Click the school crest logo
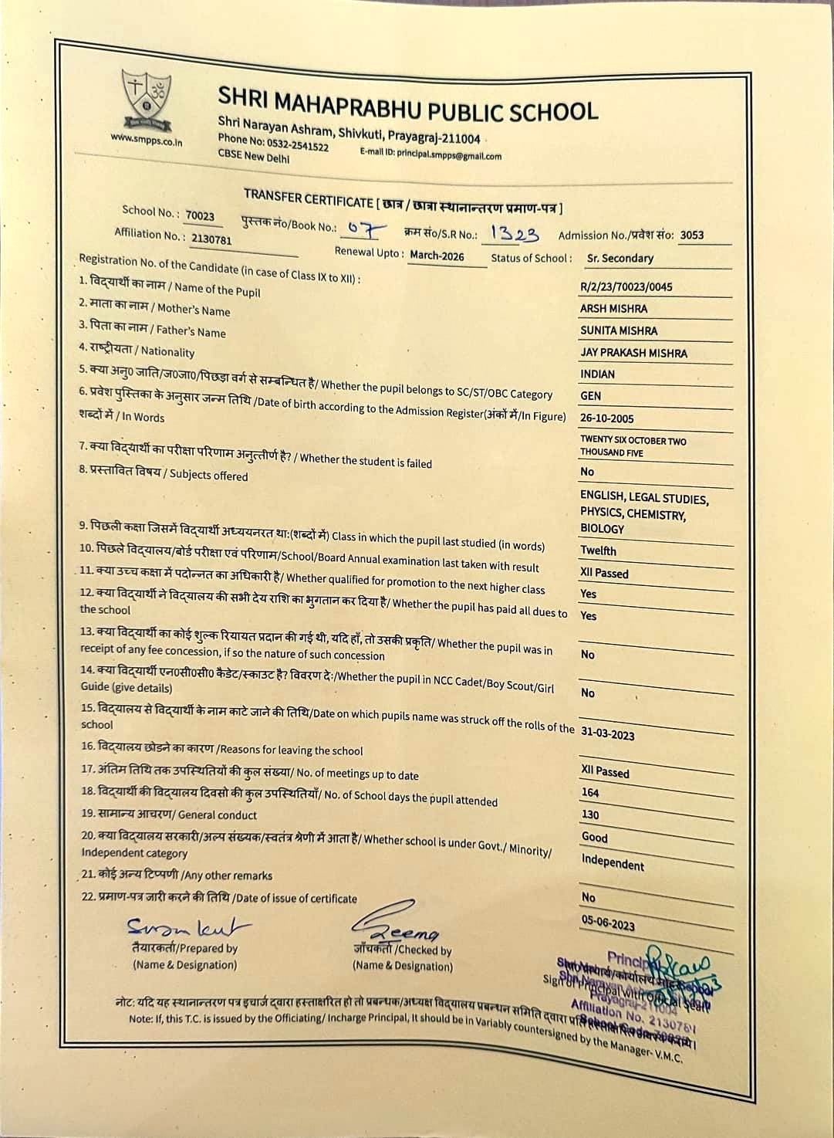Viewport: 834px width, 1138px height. (x=147, y=99)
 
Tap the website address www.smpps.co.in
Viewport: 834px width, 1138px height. (x=147, y=141)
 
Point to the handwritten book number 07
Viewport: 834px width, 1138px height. (x=363, y=229)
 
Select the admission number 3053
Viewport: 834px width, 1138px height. (x=691, y=235)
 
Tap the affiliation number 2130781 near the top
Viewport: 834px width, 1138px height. (x=211, y=239)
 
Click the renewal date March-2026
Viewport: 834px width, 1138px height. (x=437, y=256)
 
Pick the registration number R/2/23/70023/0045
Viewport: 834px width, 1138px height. (x=626, y=286)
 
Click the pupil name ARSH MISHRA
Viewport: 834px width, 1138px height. (x=613, y=309)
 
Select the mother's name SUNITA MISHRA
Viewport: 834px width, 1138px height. (x=619, y=330)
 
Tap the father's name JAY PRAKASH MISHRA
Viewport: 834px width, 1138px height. (x=633, y=353)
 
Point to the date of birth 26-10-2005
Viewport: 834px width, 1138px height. (x=607, y=418)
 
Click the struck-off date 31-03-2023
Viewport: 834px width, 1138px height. (x=608, y=733)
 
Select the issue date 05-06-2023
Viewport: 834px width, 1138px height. (x=609, y=923)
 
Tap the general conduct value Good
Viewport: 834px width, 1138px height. (x=595, y=837)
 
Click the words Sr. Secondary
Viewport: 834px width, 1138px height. (x=620, y=259)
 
